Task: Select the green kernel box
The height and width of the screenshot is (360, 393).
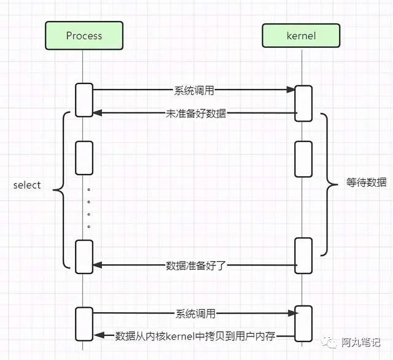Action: [301, 36]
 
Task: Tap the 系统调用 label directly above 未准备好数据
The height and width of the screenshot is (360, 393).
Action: [195, 90]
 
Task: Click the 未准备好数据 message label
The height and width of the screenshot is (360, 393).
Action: [195, 114]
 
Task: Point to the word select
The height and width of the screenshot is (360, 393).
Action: [27, 185]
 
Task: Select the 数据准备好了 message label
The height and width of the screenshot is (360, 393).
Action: [196, 265]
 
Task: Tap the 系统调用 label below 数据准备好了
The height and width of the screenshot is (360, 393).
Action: [195, 313]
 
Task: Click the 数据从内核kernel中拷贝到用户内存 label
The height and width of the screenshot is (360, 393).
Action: [195, 336]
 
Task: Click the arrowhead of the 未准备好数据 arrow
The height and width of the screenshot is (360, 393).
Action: [97, 114]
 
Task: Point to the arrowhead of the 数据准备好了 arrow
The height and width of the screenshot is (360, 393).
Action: [97, 265]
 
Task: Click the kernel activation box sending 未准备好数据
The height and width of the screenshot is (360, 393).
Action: [303, 103]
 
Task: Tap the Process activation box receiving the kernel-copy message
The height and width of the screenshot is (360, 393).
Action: [84, 323]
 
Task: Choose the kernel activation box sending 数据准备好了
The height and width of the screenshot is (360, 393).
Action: [303, 254]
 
